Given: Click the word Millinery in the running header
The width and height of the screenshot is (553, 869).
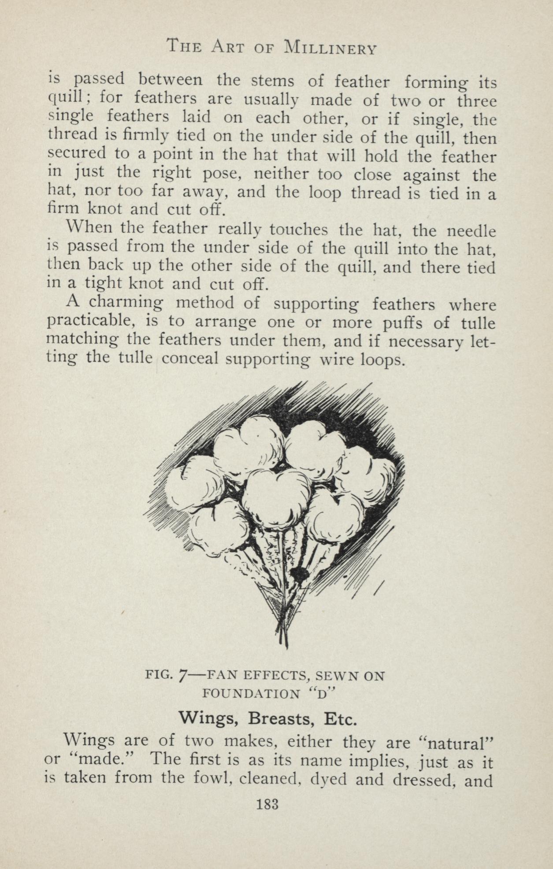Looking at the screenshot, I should [330, 47].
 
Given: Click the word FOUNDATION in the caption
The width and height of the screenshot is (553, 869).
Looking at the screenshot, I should [250, 695].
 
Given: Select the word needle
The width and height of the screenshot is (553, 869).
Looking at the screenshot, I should [471, 231].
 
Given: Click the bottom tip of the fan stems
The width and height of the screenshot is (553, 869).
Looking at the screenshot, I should [286, 647].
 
